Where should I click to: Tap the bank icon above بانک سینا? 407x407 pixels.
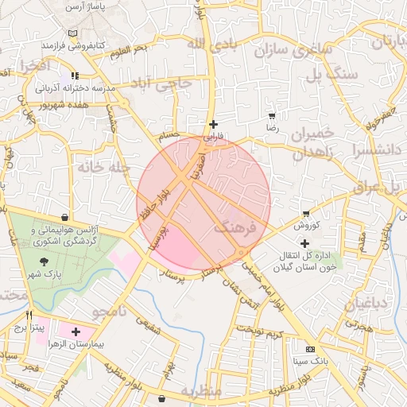point(309,349)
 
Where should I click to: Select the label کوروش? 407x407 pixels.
point(306,226)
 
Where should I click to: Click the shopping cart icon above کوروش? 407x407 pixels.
point(306,214)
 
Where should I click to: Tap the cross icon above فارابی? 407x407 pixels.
point(212,124)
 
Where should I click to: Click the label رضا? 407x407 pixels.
point(272,127)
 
